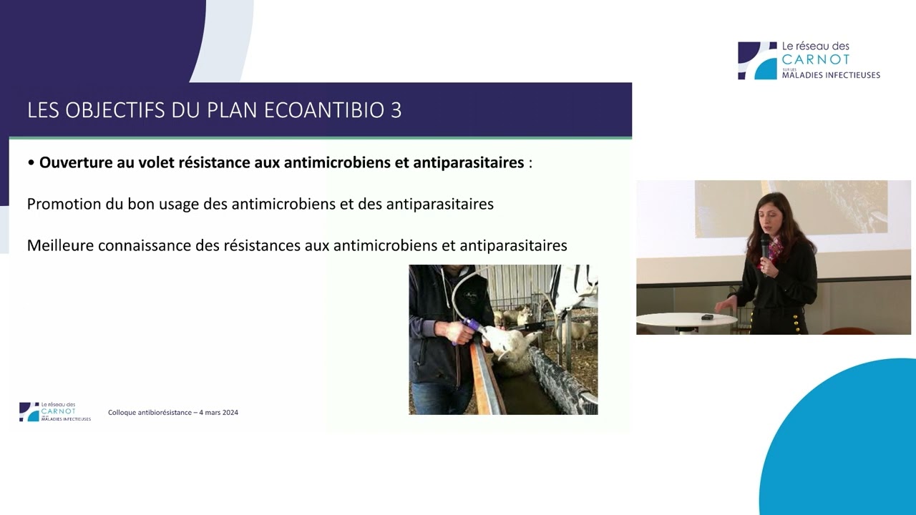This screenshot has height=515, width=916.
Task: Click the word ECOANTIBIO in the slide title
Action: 315,110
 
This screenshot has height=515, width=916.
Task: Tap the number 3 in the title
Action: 396,110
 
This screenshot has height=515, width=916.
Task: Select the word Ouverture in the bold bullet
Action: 74,162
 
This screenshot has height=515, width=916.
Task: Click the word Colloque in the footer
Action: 124,413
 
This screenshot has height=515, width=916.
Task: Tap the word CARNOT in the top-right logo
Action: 816,59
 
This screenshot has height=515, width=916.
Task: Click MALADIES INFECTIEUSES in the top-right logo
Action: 830,75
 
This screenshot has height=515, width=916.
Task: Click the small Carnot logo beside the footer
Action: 29,411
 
